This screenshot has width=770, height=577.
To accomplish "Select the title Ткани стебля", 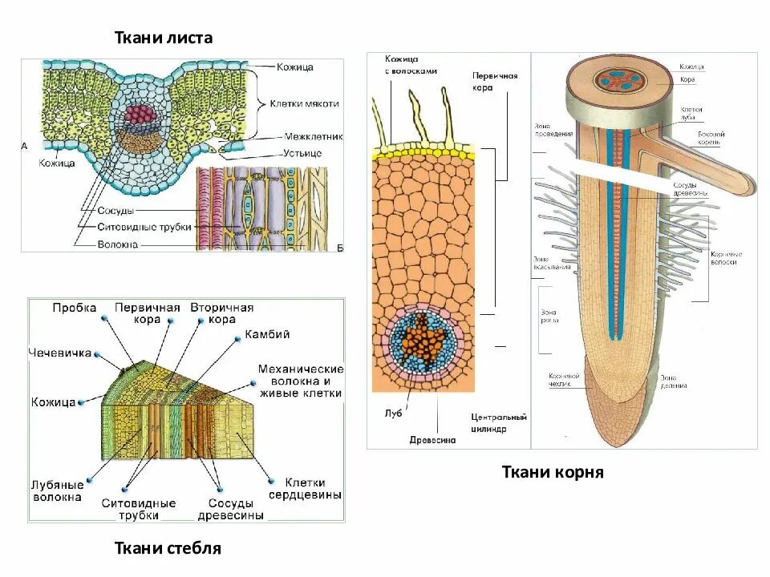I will pyautogui.click(x=168, y=549).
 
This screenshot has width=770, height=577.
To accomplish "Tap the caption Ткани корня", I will pyautogui.click(x=553, y=473).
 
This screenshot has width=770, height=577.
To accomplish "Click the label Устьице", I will pyautogui.click(x=302, y=152).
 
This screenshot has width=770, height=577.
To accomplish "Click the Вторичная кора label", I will pyautogui.click(x=221, y=313).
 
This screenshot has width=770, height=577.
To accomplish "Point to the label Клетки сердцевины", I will pyautogui.click(x=305, y=489).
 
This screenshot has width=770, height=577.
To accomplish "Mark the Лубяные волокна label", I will pyautogui.click(x=57, y=491).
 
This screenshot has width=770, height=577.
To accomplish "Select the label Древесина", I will pyautogui.click(x=432, y=440).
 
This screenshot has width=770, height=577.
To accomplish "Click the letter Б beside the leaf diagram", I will pyautogui.click(x=339, y=248).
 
